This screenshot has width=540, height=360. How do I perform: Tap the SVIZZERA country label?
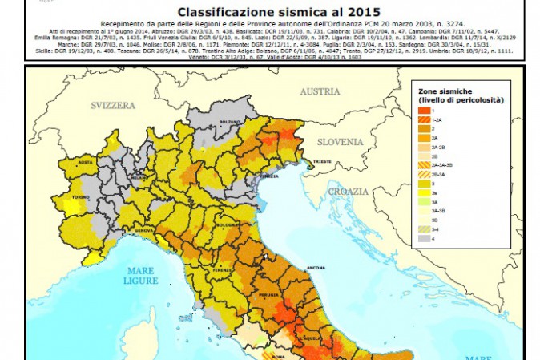click(x=115, y=106)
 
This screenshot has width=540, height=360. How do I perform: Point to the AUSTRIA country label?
click(x=320, y=91)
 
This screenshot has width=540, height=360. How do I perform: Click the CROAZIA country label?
click(x=346, y=192)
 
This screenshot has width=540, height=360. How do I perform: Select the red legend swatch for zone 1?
click(x=421, y=108)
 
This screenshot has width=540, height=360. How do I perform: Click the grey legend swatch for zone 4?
click(x=421, y=238)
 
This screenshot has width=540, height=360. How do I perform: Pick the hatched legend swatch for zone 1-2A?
click(x=421, y=118)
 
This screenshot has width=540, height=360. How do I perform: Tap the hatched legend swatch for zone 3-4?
click(x=421, y=229)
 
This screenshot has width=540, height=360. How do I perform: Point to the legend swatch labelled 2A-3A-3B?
click(x=421, y=164)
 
